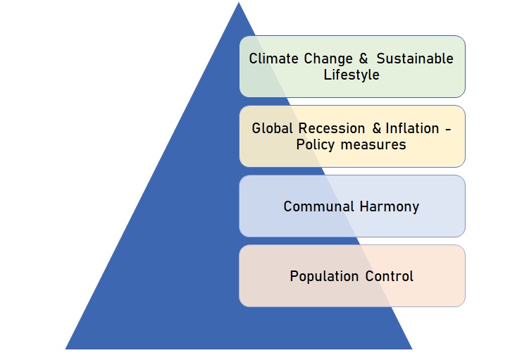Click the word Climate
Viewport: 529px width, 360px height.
point(273,58)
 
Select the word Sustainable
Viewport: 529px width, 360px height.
point(415,58)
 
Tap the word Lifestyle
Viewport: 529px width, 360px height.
point(351,75)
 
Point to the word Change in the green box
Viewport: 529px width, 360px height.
point(328,59)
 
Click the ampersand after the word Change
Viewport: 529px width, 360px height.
point(363,58)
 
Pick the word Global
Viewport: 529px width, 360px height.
point(272,128)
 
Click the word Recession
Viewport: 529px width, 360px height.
point(332,128)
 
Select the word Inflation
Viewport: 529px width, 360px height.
point(412,128)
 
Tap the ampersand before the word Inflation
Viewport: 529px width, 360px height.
point(377,128)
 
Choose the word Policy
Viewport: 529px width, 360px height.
point(315,145)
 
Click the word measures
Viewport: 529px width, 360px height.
point(373,145)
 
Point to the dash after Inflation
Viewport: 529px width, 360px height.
point(448,129)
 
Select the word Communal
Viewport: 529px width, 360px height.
point(318,206)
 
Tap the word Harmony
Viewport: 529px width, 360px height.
point(390,207)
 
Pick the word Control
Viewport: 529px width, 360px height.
point(390,276)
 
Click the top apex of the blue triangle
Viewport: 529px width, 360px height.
point(239,2)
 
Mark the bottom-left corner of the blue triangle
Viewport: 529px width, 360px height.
point(65,349)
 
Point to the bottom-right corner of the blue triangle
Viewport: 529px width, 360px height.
point(412,349)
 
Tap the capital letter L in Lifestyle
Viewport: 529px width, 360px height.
point(327,75)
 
